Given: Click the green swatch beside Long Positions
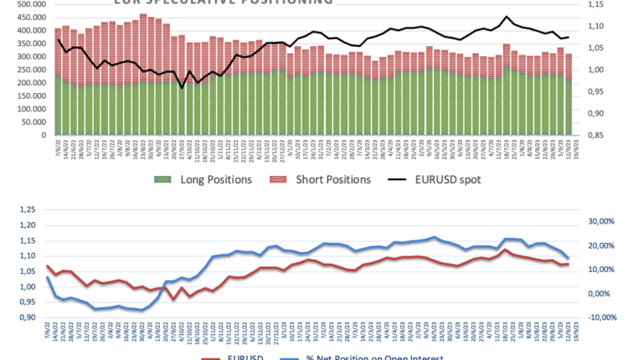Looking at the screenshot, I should tap(162, 180).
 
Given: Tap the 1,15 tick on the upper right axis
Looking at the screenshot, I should tap(595, 5).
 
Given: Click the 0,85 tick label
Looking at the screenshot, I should tap(595, 135).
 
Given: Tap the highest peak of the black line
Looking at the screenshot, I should tap(506, 17).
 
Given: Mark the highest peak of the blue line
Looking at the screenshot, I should tap(434, 237).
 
